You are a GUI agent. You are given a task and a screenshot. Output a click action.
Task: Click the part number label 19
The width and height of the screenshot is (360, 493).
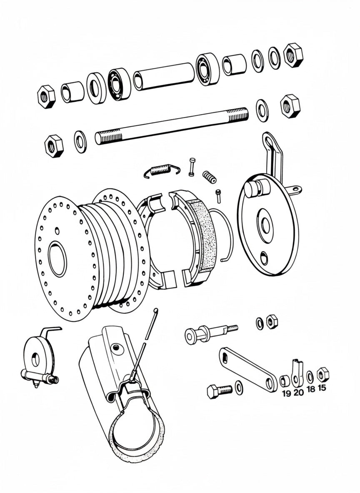tap(286, 393)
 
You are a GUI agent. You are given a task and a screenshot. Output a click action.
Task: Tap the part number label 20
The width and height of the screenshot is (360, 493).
tap(298, 393)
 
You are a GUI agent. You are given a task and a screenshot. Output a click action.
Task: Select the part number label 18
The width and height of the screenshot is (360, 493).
tap(311, 389)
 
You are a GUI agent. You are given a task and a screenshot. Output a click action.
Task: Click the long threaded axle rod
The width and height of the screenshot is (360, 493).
tap(171, 126)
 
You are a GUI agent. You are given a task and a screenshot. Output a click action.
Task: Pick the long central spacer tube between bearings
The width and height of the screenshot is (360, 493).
tap(164, 76)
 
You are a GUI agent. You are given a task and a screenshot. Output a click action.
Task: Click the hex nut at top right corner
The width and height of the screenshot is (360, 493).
tap(293, 55)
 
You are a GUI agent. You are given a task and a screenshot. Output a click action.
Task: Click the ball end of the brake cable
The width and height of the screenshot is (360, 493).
tap(156, 310)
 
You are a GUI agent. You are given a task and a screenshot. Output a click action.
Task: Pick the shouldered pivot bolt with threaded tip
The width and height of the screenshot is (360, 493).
tap(208, 333)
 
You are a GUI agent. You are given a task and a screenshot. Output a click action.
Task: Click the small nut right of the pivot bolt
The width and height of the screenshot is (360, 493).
tap(272, 321)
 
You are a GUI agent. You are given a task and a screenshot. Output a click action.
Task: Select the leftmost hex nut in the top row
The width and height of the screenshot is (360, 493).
tap(46, 96)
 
